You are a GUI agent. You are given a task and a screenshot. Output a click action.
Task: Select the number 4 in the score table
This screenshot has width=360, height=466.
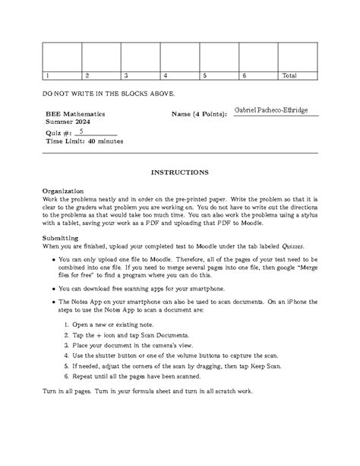point(166,76)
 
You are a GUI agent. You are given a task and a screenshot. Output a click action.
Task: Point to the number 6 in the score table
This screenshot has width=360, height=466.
point(244,76)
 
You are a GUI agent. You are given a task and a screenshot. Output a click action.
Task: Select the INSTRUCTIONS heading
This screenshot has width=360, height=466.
point(179,173)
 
